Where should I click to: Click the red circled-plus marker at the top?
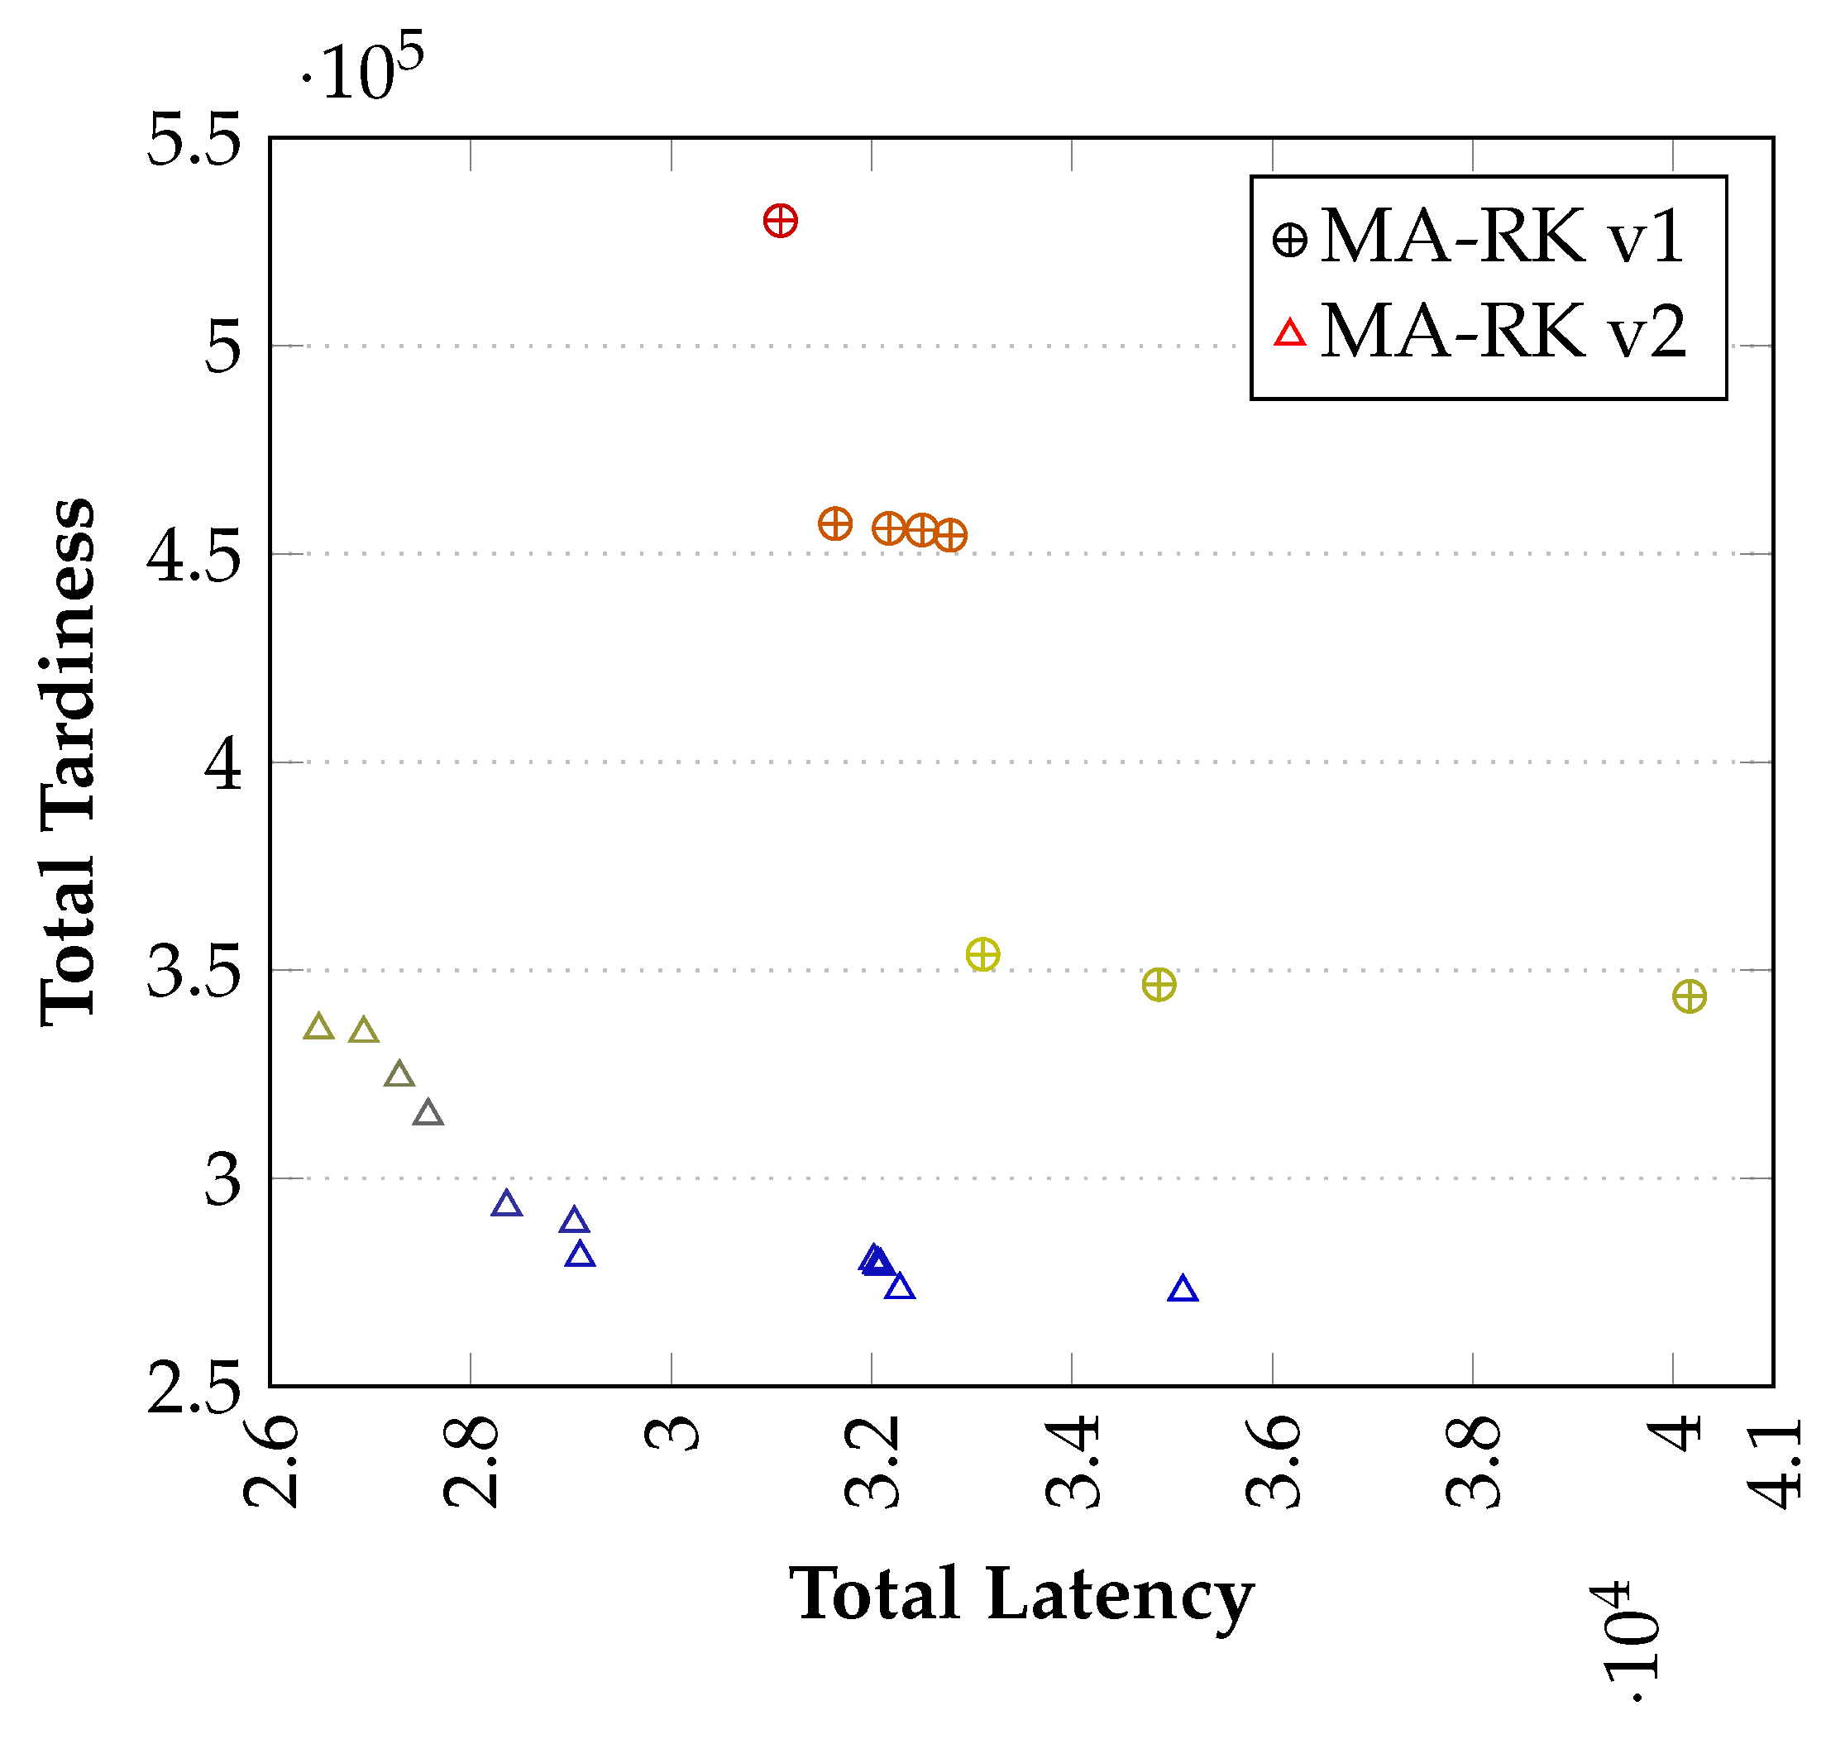pyautogui.click(x=781, y=222)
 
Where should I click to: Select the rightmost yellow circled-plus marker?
pyautogui.click(x=1689, y=996)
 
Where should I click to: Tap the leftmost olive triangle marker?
pyautogui.click(x=319, y=1027)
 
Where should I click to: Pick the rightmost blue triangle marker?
pyautogui.click(x=1183, y=1289)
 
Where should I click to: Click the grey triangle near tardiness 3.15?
pyautogui.click(x=428, y=1113)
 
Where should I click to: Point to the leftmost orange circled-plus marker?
pyautogui.click(x=835, y=523)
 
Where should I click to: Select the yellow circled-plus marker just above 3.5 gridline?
pyautogui.click(x=982, y=954)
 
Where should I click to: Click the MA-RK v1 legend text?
pyautogui.click(x=1502, y=237)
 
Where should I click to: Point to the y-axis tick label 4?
pyautogui.click(x=222, y=764)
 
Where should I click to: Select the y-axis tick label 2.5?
pyautogui.click(x=194, y=1388)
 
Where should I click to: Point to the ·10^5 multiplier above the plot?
pyautogui.click(x=362, y=67)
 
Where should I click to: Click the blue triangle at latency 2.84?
pyautogui.click(x=506, y=1204)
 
